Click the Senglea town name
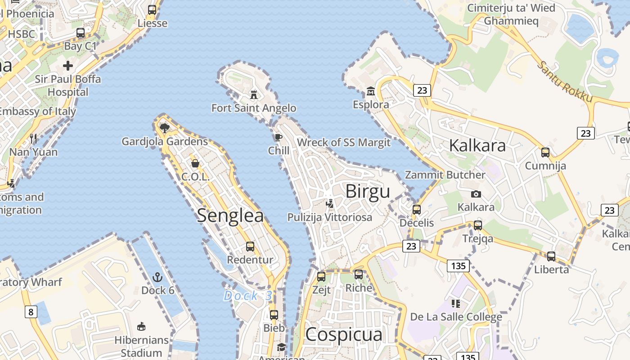tap(230, 216)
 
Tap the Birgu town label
tap(368, 192)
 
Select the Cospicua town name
tap(344, 334)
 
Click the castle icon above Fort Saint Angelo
tap(254, 94)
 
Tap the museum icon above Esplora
tap(371, 91)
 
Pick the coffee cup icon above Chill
tap(279, 137)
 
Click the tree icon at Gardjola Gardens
tap(165, 128)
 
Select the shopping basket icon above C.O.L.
tap(195, 163)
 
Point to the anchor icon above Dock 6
tap(157, 277)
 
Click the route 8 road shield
tap(31, 311)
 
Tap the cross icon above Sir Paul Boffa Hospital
tap(68, 66)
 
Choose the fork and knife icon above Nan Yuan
tap(33, 138)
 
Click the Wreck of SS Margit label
tap(344, 143)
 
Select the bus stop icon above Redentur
tap(250, 247)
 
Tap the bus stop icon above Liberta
tap(551, 256)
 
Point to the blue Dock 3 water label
tap(248, 296)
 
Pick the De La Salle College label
tap(456, 317)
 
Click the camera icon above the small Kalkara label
tap(476, 194)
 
